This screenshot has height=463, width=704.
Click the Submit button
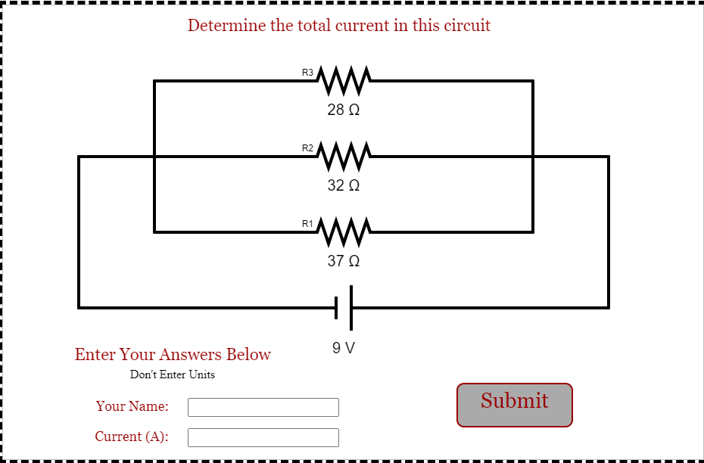click(514, 404)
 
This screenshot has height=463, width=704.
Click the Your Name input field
click(263, 407)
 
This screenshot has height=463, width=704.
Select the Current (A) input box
click(263, 437)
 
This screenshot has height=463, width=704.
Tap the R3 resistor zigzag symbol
click(344, 79)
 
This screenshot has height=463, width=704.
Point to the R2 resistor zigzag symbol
click(344, 155)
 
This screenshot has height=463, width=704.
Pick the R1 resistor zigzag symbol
click(344, 231)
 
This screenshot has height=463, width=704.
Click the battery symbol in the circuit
click(344, 308)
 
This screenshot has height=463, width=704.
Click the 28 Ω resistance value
click(344, 110)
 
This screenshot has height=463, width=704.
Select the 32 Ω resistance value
click(344, 185)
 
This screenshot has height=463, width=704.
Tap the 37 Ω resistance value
click(344, 261)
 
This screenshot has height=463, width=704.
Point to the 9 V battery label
click(344, 349)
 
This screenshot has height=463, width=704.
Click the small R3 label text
click(307, 73)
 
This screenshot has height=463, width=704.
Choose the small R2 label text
click(307, 148)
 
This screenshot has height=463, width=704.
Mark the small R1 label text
click(307, 224)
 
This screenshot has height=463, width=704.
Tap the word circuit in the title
click(467, 26)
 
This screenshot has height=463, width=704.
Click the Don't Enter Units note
click(173, 374)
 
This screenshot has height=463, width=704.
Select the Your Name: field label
click(132, 406)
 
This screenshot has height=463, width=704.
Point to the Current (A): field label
click(132, 437)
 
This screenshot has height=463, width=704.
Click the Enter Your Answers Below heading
click(173, 354)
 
